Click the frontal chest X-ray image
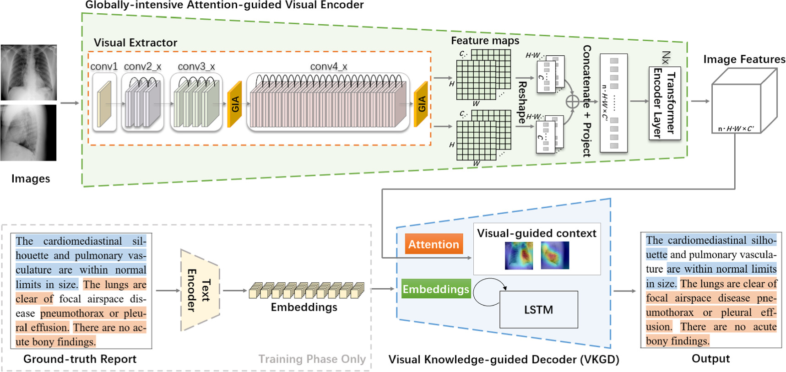pos(28,72)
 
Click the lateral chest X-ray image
pos(28,133)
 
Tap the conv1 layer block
pos(104,104)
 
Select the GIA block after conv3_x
pos(235,104)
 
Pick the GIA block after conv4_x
pos(421,104)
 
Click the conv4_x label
pos(328,67)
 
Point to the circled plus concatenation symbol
pos(572,102)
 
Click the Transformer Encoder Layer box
pos(665,103)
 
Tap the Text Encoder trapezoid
pos(200,290)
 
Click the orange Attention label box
pos(434,244)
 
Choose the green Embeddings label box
pos(436,289)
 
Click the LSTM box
pos(538,310)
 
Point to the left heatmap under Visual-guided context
pos(519,255)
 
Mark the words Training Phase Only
pos(312,359)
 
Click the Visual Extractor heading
pos(136,43)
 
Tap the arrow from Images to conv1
pos(70,103)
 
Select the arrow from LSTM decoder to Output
pos(624,291)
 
